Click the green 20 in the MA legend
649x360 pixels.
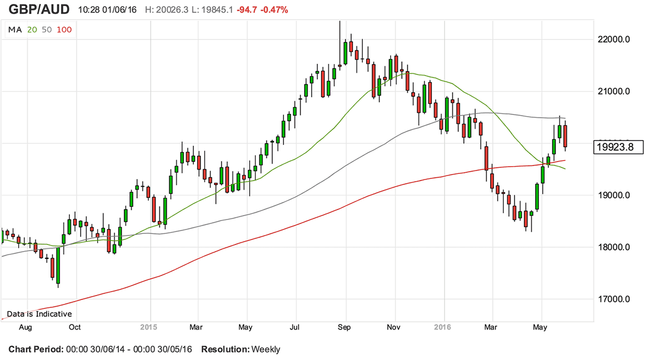32,29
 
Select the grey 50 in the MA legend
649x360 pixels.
47,29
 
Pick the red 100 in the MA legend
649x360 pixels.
64,29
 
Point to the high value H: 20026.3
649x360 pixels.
167,10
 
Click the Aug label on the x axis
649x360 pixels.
25,327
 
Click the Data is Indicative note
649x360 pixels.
39,314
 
